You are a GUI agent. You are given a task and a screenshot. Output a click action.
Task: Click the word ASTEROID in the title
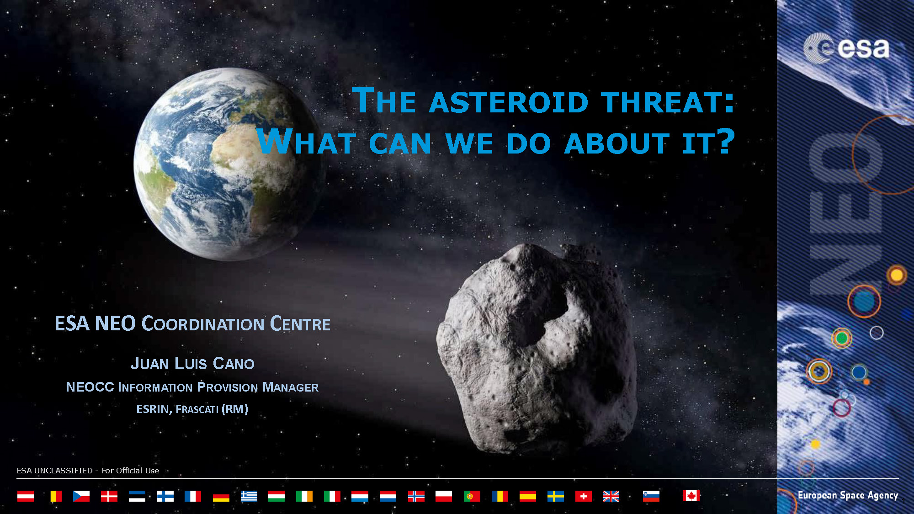pyautogui.click(x=509, y=102)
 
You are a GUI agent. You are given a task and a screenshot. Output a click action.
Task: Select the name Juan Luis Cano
pyautogui.click(x=192, y=363)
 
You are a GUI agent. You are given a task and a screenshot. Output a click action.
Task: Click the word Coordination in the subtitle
pyautogui.click(x=203, y=323)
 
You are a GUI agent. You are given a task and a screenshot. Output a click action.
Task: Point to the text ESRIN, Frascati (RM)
pyautogui.click(x=192, y=408)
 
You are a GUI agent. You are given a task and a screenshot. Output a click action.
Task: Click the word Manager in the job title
pyautogui.click(x=290, y=387)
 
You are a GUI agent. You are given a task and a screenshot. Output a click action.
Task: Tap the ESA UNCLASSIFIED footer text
pyautogui.click(x=88, y=471)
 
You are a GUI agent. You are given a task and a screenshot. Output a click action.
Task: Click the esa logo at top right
pyautogui.click(x=846, y=48)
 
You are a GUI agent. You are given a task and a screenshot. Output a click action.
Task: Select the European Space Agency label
pyautogui.click(x=848, y=495)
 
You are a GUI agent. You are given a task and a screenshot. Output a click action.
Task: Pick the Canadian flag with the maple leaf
pyautogui.click(x=691, y=496)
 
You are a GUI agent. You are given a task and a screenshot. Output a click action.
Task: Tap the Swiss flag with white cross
pyautogui.click(x=583, y=496)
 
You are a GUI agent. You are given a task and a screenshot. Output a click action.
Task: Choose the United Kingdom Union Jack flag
pyautogui.click(x=611, y=496)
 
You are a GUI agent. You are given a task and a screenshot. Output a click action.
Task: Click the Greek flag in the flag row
pyautogui.click(x=249, y=496)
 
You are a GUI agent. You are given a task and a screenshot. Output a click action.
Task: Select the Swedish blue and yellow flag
pyautogui.click(x=555, y=496)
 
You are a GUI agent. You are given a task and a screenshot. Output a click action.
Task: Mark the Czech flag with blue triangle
pyautogui.click(x=81, y=496)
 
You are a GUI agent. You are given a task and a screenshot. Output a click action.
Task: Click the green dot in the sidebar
pyautogui.click(x=842, y=338)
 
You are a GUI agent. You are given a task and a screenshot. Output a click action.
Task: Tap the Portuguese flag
pyautogui.click(x=472, y=496)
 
